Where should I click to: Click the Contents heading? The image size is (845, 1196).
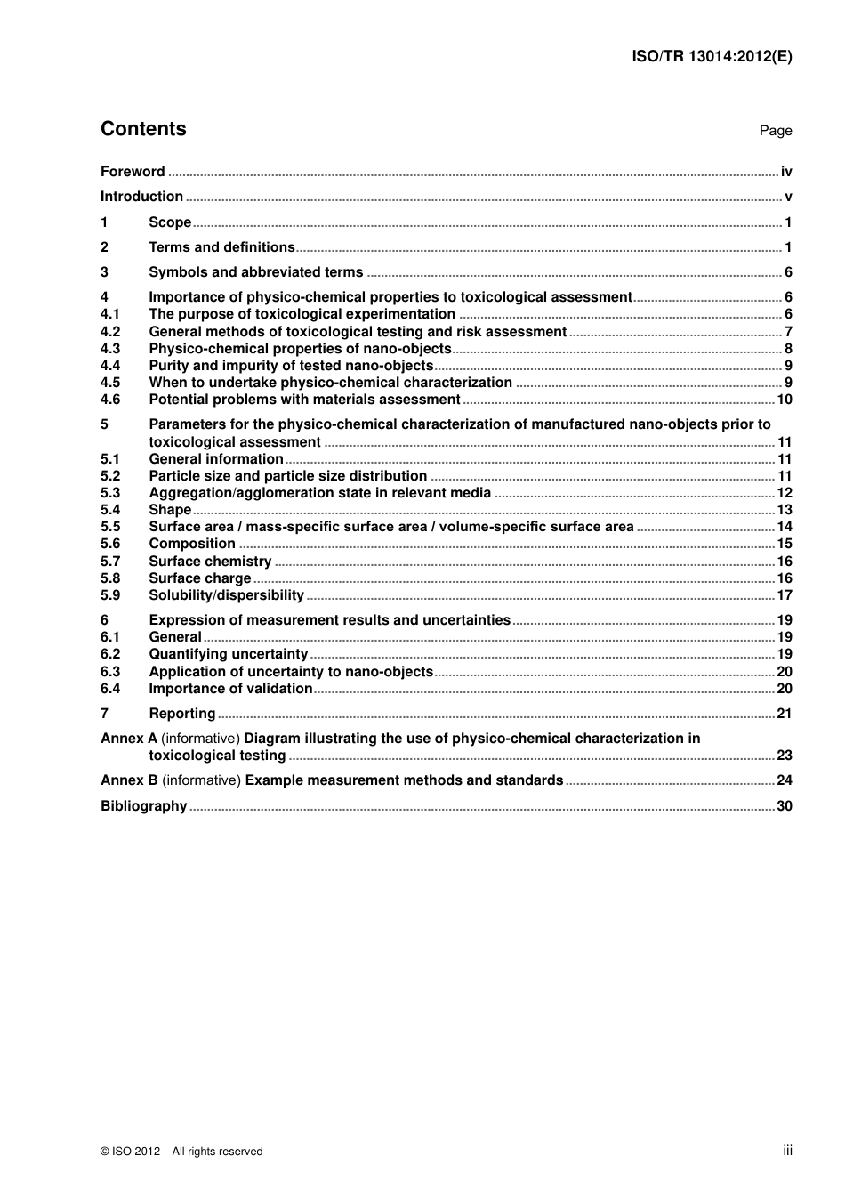click(143, 129)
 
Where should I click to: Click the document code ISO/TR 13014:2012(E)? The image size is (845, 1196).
click(712, 55)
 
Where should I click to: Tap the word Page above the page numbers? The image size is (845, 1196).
click(775, 131)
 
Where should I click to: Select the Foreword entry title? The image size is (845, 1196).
click(133, 172)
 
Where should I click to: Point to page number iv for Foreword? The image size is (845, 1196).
click(786, 172)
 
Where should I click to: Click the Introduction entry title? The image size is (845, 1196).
click(141, 197)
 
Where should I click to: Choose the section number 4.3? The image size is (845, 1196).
click(110, 349)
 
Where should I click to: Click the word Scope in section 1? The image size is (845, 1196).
click(170, 222)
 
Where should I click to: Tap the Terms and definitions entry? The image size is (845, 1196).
click(221, 247)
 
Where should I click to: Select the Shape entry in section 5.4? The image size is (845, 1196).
click(170, 510)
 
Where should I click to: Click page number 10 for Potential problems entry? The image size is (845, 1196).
click(785, 400)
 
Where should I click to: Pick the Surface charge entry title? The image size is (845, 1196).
click(199, 578)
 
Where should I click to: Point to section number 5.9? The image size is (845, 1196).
click(110, 595)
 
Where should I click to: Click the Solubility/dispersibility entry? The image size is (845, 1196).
click(226, 595)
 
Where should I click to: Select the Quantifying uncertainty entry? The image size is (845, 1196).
click(228, 654)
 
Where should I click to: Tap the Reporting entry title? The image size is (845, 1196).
click(181, 714)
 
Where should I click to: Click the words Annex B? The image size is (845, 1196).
click(129, 780)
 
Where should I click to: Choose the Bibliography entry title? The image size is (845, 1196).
click(143, 806)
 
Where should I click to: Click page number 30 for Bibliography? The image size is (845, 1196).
click(785, 806)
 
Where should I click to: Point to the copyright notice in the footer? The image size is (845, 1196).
click(181, 1152)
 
